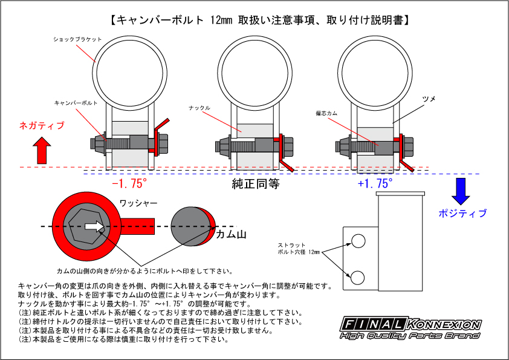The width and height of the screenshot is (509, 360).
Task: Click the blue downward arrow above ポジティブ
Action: [461, 191]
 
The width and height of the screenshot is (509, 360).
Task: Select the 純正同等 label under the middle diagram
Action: [256, 183]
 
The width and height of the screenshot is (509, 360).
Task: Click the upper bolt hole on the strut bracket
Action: [357, 241]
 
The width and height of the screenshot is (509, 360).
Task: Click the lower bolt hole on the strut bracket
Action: [357, 277]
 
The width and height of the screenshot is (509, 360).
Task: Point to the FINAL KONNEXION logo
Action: [411, 327]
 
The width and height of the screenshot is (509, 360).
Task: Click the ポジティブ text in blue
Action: [462, 214]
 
